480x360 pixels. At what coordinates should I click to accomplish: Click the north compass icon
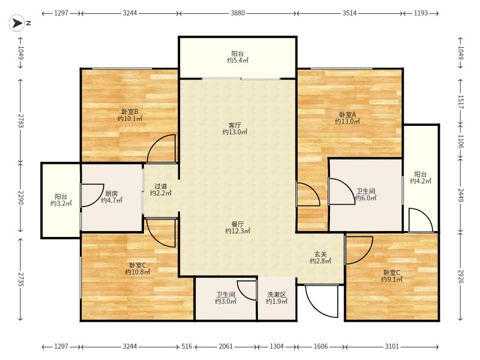(x=17, y=23)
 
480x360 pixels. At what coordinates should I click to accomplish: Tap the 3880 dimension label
(x=238, y=13)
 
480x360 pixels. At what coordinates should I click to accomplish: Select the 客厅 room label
(x=235, y=125)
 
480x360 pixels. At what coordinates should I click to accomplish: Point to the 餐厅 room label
(x=238, y=224)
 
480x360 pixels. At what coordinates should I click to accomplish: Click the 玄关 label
(x=320, y=254)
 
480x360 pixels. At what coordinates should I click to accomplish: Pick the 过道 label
(x=161, y=186)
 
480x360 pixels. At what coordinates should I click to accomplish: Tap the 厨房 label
(x=112, y=193)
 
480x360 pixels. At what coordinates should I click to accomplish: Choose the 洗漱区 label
(x=277, y=295)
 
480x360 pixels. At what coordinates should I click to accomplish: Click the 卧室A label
(x=347, y=115)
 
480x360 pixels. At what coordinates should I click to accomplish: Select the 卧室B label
(x=130, y=112)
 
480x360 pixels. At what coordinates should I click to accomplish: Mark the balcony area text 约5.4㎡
(x=238, y=61)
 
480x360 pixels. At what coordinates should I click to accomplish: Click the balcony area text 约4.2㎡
(x=421, y=181)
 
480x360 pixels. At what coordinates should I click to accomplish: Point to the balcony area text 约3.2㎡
(x=61, y=203)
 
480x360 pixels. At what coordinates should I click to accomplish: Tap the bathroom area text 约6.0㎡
(x=365, y=198)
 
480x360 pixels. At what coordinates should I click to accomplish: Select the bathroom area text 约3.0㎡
(x=226, y=301)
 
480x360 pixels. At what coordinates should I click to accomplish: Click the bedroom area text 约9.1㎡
(x=392, y=279)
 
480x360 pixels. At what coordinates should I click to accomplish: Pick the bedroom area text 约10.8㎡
(x=137, y=272)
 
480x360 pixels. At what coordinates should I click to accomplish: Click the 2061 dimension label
(x=226, y=347)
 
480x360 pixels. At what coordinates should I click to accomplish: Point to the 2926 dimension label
(x=461, y=276)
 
